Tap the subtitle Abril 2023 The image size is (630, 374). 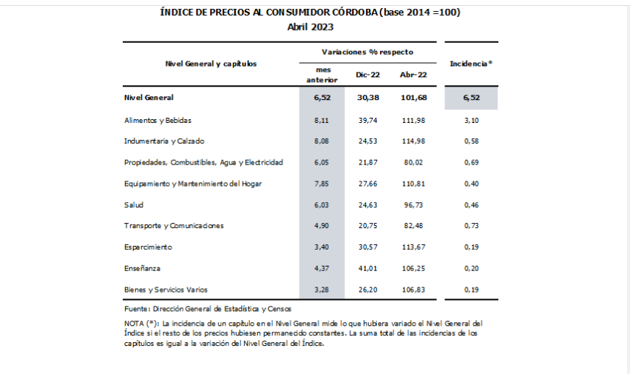coord(311,27)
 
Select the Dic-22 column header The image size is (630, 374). coord(367,76)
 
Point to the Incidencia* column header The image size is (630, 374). coord(471,64)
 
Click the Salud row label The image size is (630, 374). coord(134,204)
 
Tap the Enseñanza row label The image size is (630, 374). coord(142,268)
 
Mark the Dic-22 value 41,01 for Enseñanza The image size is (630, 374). coord(367,268)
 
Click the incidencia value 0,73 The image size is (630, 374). coord(471,226)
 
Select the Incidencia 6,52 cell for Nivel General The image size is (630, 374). coord(471,98)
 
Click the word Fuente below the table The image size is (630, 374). coord(137,307)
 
